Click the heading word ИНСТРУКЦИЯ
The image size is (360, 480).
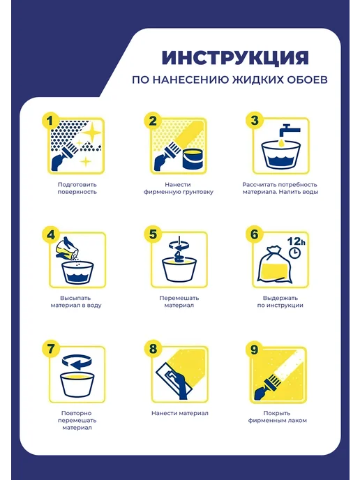click(235, 58)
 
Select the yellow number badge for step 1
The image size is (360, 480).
click(50, 121)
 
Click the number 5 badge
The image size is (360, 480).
click(153, 234)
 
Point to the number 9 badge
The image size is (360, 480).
click(254, 350)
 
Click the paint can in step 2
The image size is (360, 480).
click(193, 158)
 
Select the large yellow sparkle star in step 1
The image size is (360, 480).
click(91, 133)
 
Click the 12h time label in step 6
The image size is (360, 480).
click(296, 241)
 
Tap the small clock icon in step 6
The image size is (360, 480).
click(295, 253)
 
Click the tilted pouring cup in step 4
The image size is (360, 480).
click(66, 248)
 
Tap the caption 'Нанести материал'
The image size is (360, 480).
click(180, 413)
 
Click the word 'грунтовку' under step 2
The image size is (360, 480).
click(197, 193)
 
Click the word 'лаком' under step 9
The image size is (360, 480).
click(297, 421)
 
